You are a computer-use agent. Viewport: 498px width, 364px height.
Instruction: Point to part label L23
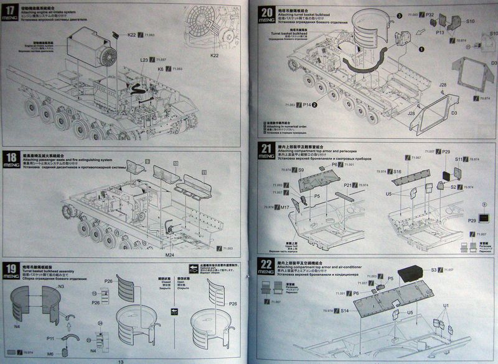point(144,60)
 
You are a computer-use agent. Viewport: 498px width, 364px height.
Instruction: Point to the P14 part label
point(307,106)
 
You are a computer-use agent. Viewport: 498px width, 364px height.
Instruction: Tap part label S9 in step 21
point(301,170)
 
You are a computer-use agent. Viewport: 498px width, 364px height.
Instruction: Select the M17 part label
point(285,207)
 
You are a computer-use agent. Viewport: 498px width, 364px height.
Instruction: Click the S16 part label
point(397,171)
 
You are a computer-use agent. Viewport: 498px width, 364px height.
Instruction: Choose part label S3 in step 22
point(434,271)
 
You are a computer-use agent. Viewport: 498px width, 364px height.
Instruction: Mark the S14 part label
point(344,311)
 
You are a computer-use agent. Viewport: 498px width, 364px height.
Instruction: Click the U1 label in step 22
point(446,306)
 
